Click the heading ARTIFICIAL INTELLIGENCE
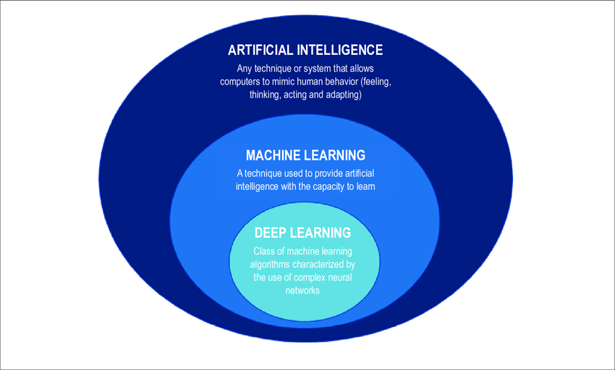click(x=305, y=51)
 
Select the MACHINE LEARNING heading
click(x=305, y=155)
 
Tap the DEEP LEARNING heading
click(x=303, y=233)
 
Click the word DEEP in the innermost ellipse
click(x=272, y=233)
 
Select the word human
click(x=326, y=82)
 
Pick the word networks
click(x=303, y=291)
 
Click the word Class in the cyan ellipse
click(x=266, y=251)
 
